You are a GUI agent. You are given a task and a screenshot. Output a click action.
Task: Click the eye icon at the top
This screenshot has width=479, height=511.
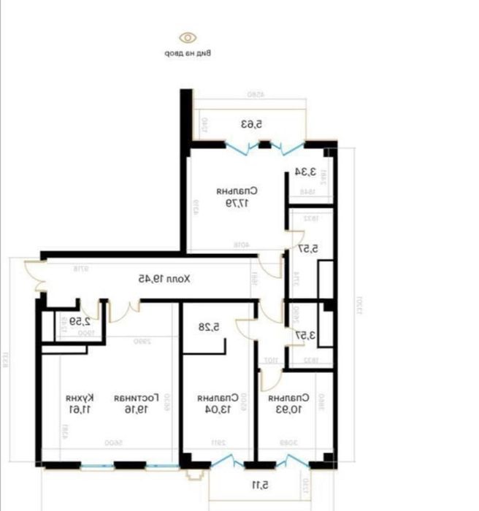(188, 37)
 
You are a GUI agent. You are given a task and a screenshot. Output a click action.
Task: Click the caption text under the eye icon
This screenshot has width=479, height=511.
(188, 53)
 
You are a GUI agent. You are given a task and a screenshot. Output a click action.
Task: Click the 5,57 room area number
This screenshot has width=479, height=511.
(307, 249)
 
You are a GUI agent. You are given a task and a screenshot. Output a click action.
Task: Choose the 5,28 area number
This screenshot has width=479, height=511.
(212, 328)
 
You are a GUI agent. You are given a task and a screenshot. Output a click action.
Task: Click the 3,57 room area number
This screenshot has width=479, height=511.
(306, 335)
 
